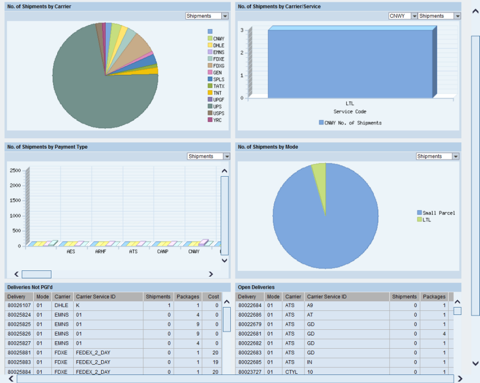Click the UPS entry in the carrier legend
click(x=217, y=106)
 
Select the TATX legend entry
click(x=218, y=86)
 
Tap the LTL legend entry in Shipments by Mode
click(x=426, y=220)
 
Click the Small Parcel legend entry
click(x=438, y=213)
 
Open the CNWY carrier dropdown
click(x=402, y=16)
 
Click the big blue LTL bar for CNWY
click(x=350, y=63)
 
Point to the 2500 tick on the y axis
click(x=15, y=170)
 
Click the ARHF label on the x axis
click(x=101, y=252)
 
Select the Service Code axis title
click(x=350, y=111)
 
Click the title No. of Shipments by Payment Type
click(x=47, y=147)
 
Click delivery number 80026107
click(x=19, y=306)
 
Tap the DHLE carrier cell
click(x=61, y=306)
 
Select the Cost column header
click(x=213, y=297)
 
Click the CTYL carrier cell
click(x=292, y=372)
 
